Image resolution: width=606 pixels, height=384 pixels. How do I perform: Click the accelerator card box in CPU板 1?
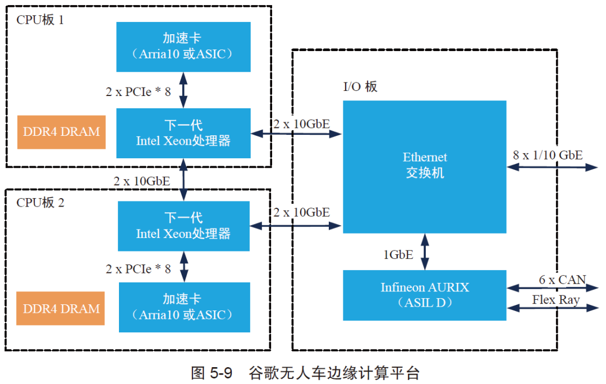[183, 47]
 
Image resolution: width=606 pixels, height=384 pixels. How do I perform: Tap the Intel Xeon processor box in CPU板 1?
[183, 133]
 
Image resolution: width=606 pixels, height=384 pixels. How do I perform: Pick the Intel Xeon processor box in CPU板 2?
[183, 226]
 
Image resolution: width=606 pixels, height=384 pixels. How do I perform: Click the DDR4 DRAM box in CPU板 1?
[61, 132]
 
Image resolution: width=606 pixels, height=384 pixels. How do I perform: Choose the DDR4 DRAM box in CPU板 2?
[61, 308]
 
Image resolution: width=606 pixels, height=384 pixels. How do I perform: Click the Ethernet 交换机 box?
[425, 166]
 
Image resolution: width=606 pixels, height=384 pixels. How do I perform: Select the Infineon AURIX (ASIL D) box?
[425, 295]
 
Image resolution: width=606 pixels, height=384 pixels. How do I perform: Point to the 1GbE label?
[398, 255]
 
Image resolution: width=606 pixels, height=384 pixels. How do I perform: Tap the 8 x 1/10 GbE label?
[548, 155]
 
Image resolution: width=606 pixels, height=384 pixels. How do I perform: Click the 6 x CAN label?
[562, 280]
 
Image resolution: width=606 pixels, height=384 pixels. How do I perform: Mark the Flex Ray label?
[556, 300]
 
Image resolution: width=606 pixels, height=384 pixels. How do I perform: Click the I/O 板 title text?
[360, 86]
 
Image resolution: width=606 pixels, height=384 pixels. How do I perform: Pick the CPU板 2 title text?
[40, 203]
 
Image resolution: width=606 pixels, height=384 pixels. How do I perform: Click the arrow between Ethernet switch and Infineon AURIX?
[425, 252]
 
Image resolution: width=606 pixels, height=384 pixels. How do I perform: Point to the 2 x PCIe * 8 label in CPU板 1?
[138, 92]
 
